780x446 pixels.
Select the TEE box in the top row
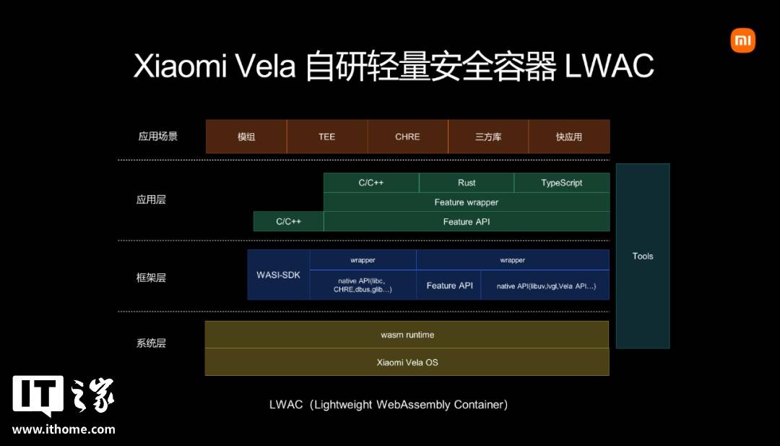(327, 137)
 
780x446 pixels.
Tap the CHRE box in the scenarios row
(407, 137)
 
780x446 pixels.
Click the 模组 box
(246, 137)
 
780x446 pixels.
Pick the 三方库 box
(488, 137)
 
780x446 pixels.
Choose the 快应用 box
(569, 137)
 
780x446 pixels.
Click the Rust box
(467, 183)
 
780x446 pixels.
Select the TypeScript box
(562, 183)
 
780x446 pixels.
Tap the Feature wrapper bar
(467, 202)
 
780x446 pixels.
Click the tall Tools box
(643, 256)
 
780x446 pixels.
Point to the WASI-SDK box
(279, 275)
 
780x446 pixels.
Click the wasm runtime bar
(407, 335)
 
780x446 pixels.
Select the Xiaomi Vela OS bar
(407, 362)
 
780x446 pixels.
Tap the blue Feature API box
(449, 286)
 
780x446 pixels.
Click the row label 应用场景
(158, 136)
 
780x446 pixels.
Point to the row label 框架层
(151, 278)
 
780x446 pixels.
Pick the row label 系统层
(151, 343)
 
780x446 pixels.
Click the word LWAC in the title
(609, 67)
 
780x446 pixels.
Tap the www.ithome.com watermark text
(64, 429)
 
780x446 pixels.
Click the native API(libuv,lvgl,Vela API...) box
(546, 286)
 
